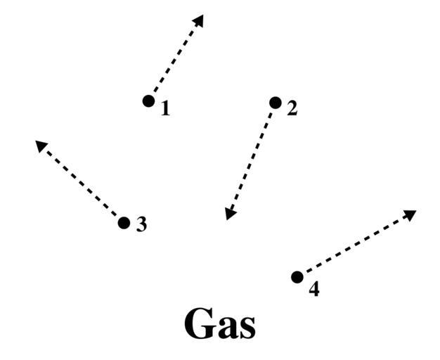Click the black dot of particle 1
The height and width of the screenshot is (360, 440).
click(148, 101)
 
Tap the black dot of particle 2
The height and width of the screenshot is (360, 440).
click(275, 103)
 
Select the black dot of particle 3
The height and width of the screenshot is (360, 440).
click(124, 223)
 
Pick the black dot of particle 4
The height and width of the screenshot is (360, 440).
click(297, 277)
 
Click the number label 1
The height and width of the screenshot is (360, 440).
click(165, 109)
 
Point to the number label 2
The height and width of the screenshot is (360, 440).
click(292, 109)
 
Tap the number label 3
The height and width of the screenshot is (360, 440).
click(141, 225)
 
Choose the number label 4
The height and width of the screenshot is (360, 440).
click(313, 289)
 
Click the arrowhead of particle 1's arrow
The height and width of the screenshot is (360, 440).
click(199, 20)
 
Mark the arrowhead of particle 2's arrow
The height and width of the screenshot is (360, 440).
click(229, 213)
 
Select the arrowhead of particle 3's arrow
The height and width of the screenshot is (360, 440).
click(41, 146)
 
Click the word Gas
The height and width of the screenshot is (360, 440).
click(220, 325)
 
